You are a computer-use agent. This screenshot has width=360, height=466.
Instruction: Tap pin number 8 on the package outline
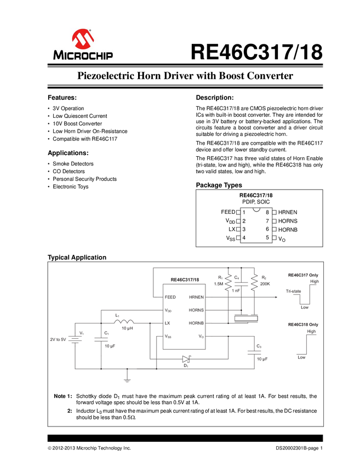[x=267, y=212]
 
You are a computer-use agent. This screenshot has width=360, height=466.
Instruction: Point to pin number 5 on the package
[x=267, y=237]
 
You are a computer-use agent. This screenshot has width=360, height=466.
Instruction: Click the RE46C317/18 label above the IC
[x=185, y=279]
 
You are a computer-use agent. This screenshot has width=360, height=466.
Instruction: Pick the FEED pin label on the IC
[x=170, y=297]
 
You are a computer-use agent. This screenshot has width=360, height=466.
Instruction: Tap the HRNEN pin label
[x=196, y=297]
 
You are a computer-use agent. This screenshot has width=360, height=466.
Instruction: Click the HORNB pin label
[x=196, y=323]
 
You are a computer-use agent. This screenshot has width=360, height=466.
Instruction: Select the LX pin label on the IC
[x=168, y=323]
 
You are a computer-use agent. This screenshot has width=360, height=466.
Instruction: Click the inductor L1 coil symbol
[x=124, y=322]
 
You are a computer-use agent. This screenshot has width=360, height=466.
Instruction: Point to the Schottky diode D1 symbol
[x=186, y=359]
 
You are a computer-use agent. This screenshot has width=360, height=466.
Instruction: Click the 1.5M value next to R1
[x=218, y=284]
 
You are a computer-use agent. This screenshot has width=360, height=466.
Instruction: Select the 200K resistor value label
[x=265, y=284]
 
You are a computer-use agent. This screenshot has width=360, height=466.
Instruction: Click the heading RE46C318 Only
[x=303, y=325]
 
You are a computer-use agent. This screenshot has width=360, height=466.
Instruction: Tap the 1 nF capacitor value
[x=236, y=291]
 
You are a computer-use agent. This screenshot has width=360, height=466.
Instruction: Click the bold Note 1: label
[x=63, y=396]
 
